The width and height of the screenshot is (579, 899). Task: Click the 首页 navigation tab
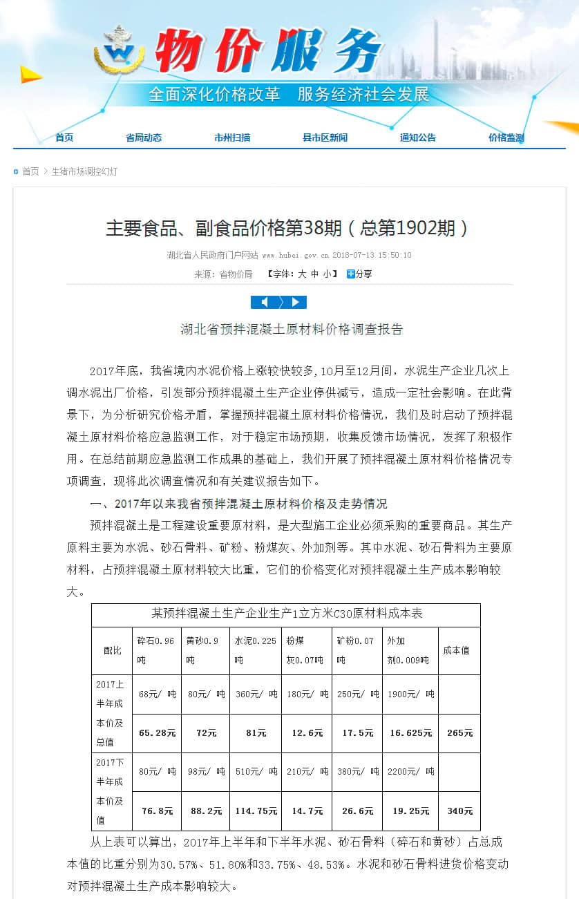64,138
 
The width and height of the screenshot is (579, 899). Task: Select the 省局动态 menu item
144,138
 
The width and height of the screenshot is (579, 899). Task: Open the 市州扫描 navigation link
232,138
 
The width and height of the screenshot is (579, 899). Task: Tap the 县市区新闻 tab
325,138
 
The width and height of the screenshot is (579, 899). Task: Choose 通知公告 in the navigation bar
417,138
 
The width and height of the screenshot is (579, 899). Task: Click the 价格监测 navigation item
506,138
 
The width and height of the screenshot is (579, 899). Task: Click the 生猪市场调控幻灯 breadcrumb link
84,171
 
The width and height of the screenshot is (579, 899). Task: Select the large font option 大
302,274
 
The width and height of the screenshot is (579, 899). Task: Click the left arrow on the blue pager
264,302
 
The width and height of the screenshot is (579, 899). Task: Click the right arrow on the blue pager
296,302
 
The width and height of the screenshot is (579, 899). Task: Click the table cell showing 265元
459,733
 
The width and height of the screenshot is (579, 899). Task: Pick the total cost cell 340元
459,811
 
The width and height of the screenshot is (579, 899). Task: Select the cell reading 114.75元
256,811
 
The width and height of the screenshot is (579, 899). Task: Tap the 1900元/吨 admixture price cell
410,694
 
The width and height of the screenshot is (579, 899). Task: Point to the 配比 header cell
112,650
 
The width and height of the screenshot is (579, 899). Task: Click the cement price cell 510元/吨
256,772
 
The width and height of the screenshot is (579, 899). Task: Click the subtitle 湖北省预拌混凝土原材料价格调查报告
292,329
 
